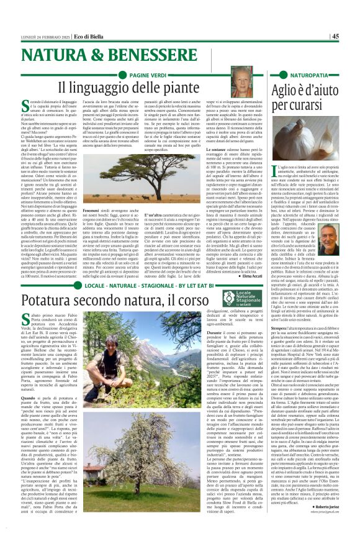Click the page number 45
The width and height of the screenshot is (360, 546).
pos(351,36)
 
